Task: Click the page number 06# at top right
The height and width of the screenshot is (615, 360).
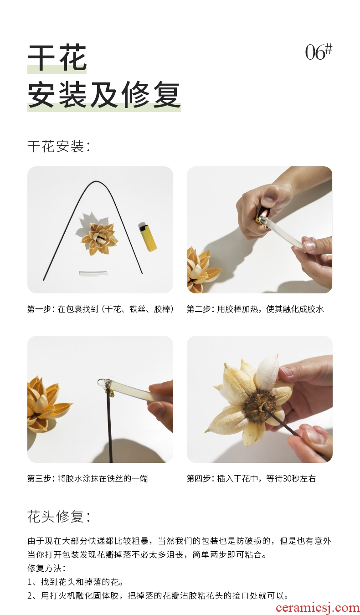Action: (x=319, y=51)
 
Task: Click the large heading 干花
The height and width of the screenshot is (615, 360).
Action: (x=57, y=58)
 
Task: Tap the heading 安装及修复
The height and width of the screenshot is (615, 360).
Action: (x=104, y=95)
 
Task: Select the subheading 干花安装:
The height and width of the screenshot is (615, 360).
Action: (x=59, y=146)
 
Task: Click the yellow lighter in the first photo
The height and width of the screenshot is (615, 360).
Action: (x=148, y=236)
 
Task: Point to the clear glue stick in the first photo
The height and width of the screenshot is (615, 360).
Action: (x=90, y=273)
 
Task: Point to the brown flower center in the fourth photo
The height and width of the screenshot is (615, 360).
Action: (x=259, y=405)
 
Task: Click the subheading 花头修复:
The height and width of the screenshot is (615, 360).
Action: (x=59, y=517)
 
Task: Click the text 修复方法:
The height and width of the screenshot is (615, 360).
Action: (x=46, y=568)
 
